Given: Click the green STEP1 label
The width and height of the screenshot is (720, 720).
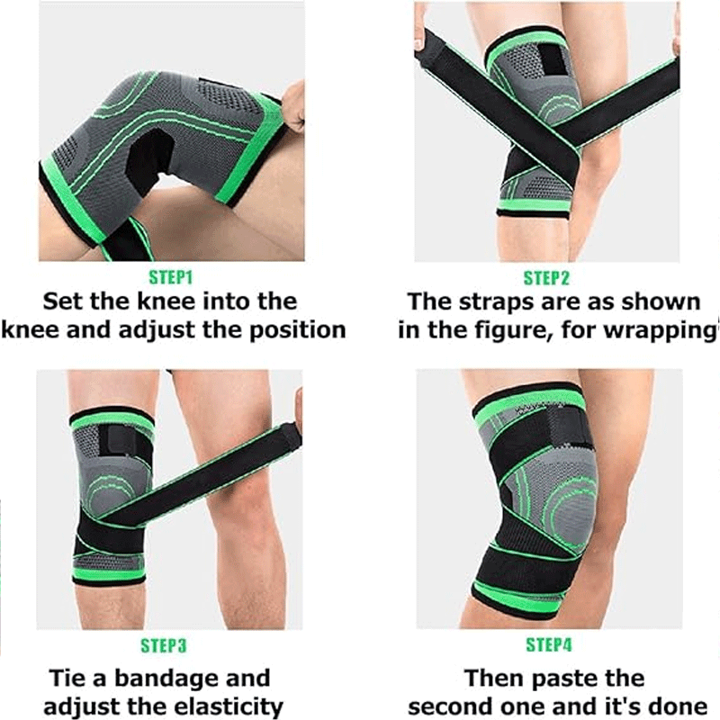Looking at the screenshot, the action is click(171, 278).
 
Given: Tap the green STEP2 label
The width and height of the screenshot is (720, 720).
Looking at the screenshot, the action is click(546, 278).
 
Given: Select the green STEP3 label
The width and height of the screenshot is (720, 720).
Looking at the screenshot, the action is click(164, 645).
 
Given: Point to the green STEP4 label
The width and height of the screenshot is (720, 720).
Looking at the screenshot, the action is click(549, 644).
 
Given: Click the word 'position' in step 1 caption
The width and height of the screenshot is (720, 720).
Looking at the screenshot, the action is click(298, 330).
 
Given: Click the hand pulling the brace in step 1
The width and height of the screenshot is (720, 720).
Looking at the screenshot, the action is click(292, 108).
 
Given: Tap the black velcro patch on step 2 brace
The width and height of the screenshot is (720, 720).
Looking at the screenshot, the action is click(550, 59).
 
